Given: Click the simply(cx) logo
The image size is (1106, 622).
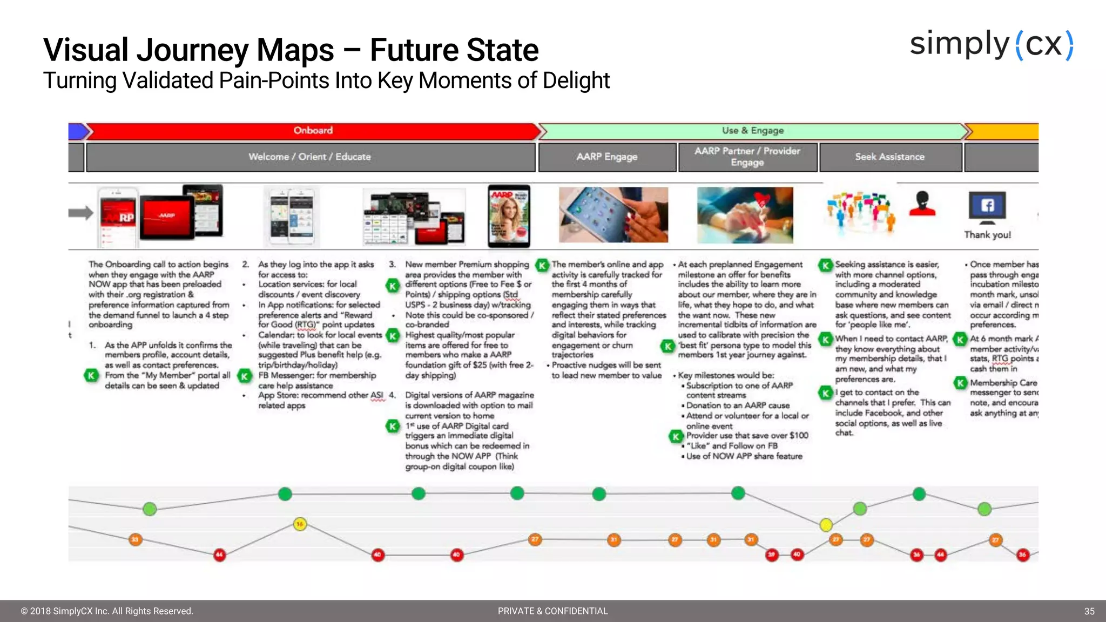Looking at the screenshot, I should click(992, 45).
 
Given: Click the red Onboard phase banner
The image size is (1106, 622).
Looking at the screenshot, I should click(313, 131).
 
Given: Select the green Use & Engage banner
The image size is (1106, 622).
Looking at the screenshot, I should click(753, 131).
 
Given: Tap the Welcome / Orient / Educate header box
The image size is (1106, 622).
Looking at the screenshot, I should click(310, 157).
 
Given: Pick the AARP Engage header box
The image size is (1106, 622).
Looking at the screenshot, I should click(607, 157).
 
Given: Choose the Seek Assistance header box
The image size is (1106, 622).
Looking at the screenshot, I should click(890, 157).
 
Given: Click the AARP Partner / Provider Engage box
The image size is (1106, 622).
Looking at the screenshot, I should click(747, 157).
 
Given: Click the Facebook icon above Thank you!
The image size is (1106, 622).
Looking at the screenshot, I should click(987, 206).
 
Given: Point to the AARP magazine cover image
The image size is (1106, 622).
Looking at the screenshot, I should click(509, 216).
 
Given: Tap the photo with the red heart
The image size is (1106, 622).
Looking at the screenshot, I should click(745, 215).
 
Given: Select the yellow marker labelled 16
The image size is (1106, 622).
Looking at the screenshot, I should click(300, 524).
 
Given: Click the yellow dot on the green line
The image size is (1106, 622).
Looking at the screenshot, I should click(826, 524).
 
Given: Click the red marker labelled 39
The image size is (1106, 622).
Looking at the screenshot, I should click(772, 554).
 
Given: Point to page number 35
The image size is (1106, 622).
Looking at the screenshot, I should click(1089, 611).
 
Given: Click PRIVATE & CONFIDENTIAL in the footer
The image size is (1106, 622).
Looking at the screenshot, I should click(552, 611).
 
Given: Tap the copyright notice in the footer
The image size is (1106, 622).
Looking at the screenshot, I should click(107, 611).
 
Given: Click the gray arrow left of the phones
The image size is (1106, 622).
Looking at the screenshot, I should click(80, 213).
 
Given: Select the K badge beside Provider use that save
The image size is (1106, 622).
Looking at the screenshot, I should click(676, 436).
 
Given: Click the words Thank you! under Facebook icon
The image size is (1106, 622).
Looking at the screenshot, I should click(987, 235).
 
